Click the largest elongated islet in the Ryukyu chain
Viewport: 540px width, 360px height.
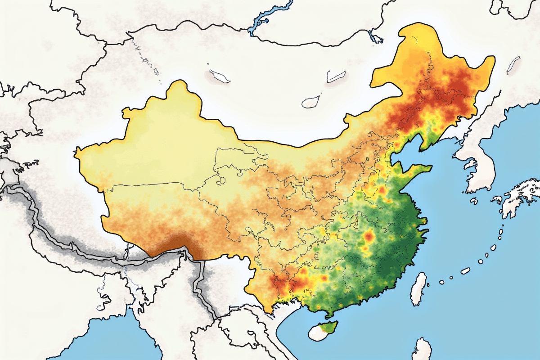point(465,270)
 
